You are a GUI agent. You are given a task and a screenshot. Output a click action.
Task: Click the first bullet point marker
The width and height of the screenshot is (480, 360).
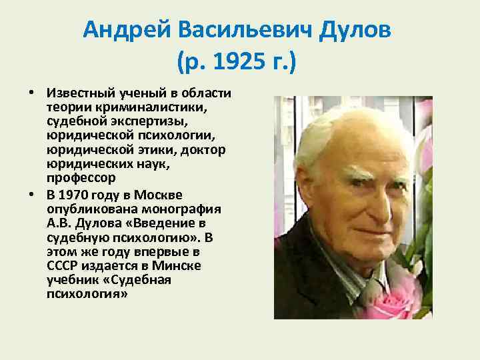coord(31,91)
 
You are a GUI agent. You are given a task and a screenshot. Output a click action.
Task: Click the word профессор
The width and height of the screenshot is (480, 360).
coord(81,179)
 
